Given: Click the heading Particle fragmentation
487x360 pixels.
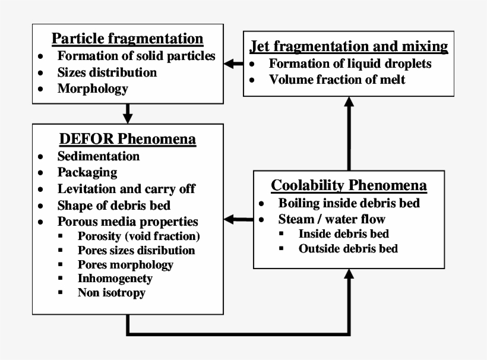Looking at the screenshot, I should [128, 39].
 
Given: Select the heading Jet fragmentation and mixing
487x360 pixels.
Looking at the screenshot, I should [349, 46].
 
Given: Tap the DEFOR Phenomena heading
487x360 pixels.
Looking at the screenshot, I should [128, 140].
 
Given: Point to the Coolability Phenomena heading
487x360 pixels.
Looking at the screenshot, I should [349, 185].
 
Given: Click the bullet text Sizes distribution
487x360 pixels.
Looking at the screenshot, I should [107, 72].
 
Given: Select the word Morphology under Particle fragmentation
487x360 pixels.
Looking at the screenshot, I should [93, 89].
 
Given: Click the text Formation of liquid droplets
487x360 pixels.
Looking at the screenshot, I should [350, 63].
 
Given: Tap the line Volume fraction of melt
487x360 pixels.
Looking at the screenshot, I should [337, 79].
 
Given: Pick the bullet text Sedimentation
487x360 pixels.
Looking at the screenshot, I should [99, 156].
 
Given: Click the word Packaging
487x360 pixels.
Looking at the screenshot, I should [87, 173].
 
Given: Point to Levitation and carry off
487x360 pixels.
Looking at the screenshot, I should [126, 189].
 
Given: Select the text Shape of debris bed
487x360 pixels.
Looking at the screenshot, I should [114, 206].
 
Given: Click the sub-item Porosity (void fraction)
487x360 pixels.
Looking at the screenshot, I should [138, 236].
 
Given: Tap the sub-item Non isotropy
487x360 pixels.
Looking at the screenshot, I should [111, 292].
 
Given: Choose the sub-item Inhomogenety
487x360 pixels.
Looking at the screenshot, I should [115, 278].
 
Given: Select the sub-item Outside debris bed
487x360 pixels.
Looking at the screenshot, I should [347, 248].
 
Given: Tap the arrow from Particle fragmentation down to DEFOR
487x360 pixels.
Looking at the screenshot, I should [127, 112].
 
